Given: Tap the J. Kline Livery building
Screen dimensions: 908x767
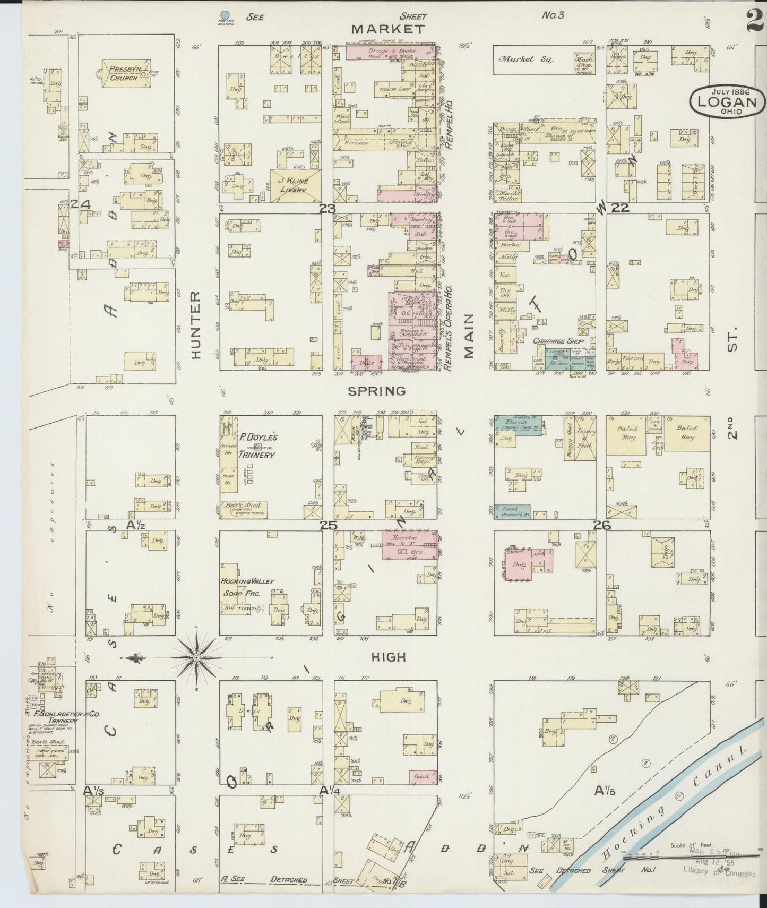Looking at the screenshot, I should [x=295, y=185].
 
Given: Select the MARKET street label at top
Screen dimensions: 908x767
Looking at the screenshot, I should [x=389, y=29].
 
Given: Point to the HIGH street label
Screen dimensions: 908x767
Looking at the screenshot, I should [x=389, y=657].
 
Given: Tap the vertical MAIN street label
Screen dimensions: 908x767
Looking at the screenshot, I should [x=468, y=335].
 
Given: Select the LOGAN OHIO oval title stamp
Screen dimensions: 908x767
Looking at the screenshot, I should [x=727, y=100].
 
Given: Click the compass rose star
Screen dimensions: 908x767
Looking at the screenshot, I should [x=197, y=658].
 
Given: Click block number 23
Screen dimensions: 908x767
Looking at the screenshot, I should [x=328, y=209].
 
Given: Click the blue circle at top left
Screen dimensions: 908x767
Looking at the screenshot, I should [x=225, y=15].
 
